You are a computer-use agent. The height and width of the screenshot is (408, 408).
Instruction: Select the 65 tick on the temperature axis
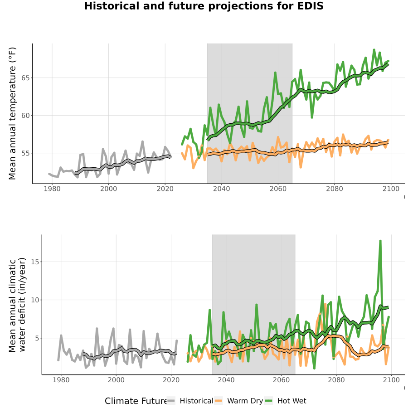click(x=25, y=78)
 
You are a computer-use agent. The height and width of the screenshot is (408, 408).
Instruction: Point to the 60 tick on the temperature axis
click(x=25, y=116)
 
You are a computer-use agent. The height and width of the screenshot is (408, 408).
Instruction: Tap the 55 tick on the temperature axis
click(x=25, y=153)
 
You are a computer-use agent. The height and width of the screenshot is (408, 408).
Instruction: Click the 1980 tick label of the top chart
click(x=52, y=189)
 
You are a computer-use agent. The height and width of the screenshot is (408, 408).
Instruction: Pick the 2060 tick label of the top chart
click(x=278, y=189)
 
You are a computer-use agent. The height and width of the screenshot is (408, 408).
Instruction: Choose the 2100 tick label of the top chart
click(x=391, y=189)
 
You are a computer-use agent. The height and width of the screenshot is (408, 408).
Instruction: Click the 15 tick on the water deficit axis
click(x=35, y=262)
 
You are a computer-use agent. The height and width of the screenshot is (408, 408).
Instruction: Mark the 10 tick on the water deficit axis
click(x=35, y=300)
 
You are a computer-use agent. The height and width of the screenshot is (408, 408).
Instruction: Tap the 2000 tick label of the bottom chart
click(x=116, y=380)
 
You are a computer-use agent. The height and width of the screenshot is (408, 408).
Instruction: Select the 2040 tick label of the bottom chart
click(x=226, y=380)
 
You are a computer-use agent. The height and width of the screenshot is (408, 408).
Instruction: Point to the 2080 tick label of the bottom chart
click(x=336, y=380)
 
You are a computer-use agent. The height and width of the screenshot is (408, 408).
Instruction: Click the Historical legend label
click(x=196, y=401)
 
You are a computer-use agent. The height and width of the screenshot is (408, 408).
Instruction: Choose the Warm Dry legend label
click(x=245, y=401)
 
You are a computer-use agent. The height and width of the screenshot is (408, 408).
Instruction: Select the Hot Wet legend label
click(x=292, y=401)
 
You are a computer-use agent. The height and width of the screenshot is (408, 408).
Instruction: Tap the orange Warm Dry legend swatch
click(x=219, y=401)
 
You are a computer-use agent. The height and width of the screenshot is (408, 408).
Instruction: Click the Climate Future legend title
click(x=136, y=401)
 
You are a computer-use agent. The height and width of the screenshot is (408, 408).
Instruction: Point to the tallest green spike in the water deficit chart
click(x=380, y=241)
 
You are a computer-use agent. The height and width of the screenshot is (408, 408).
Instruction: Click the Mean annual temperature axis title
click(x=12, y=113)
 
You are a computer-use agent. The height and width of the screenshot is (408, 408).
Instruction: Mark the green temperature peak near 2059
click(x=275, y=73)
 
